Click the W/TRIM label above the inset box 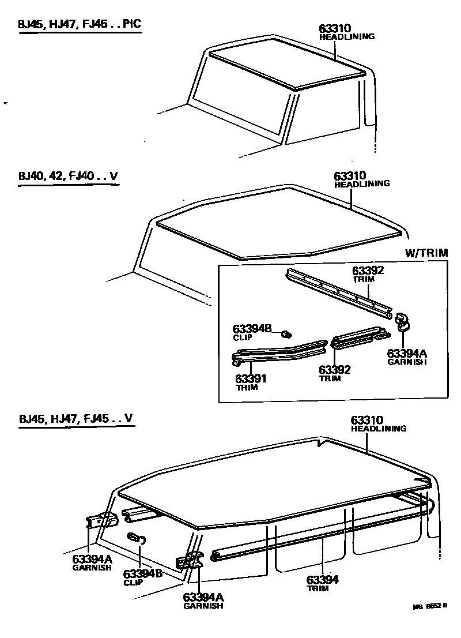[426, 253]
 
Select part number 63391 [252, 379]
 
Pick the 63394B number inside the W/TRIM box [251, 329]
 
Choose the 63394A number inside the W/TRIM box [406, 354]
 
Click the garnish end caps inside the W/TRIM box [402, 321]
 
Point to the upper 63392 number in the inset [368, 270]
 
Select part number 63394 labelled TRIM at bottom [322, 580]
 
